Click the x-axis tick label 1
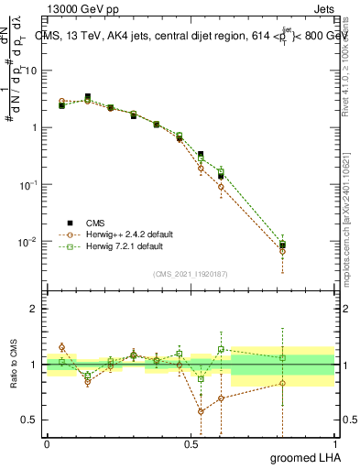[333, 442]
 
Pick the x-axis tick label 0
[47, 442]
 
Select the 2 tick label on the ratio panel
[33, 309]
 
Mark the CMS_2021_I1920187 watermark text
[191, 274]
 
